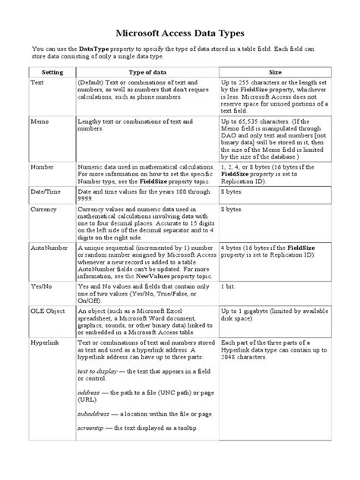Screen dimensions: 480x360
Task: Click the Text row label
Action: click(37, 82)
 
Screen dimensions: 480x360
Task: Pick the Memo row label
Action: click(39, 121)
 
